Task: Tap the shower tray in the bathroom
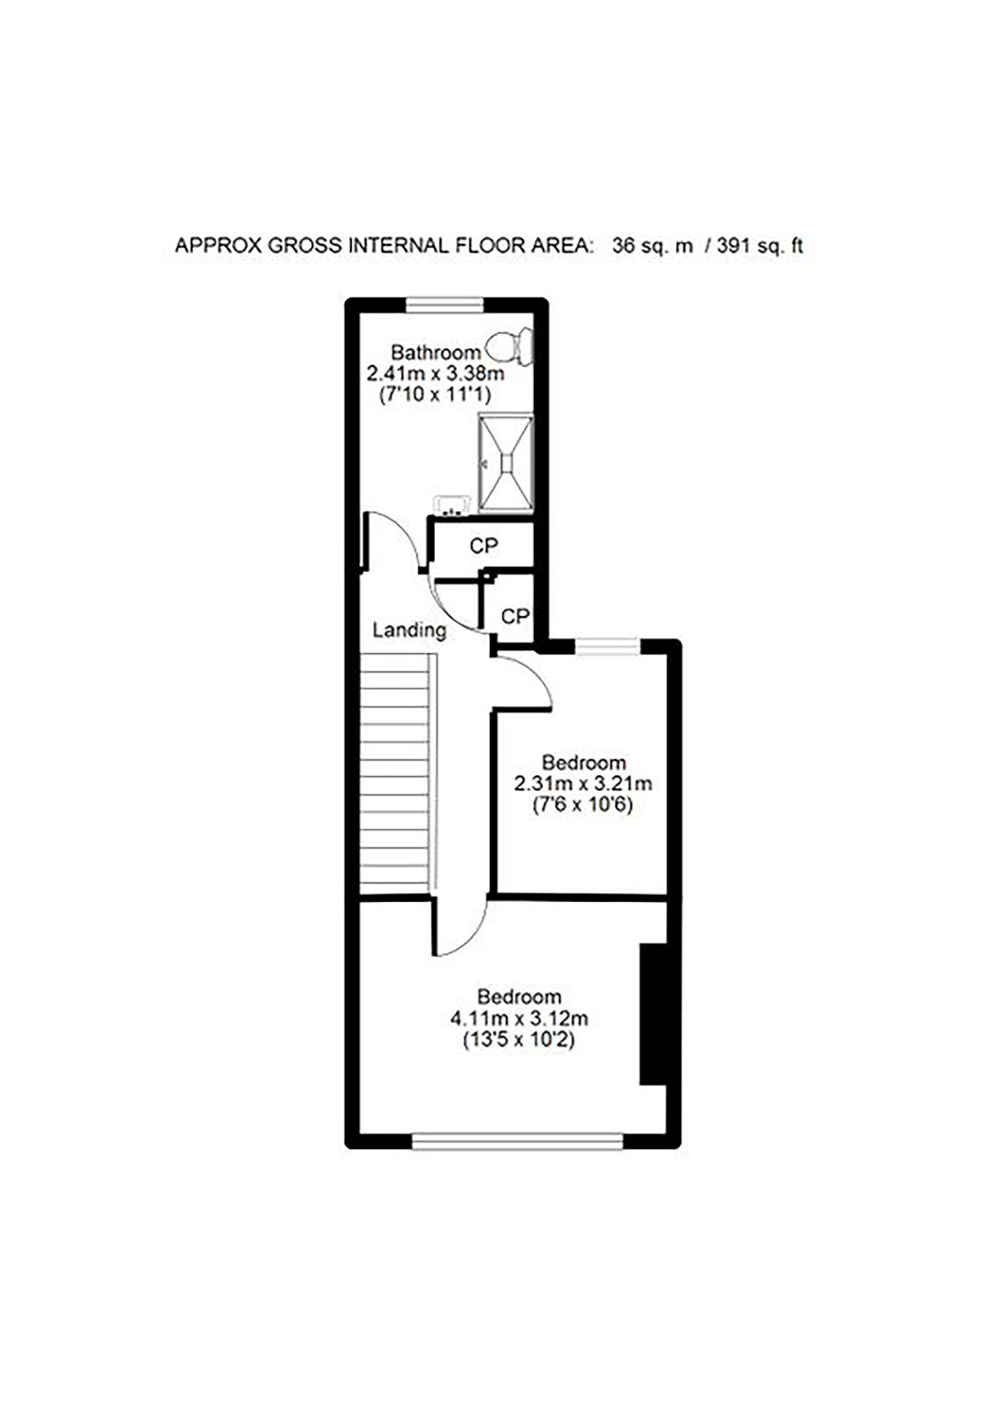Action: tap(506, 463)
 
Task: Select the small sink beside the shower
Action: tap(451, 505)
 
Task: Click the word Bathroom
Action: tap(435, 352)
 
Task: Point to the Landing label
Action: tap(409, 630)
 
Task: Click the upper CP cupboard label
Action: tap(483, 546)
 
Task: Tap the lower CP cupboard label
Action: tap(515, 616)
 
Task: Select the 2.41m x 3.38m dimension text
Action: tap(435, 374)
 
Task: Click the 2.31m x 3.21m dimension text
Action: tap(582, 783)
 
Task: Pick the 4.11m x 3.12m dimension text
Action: tap(519, 1017)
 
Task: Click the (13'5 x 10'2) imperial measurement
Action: tap(519, 1039)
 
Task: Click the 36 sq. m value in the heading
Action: tap(653, 245)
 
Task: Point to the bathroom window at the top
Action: tap(453, 304)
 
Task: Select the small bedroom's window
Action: tap(608, 646)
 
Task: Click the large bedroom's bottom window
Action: tap(517, 1140)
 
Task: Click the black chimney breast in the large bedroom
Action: tap(653, 1013)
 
